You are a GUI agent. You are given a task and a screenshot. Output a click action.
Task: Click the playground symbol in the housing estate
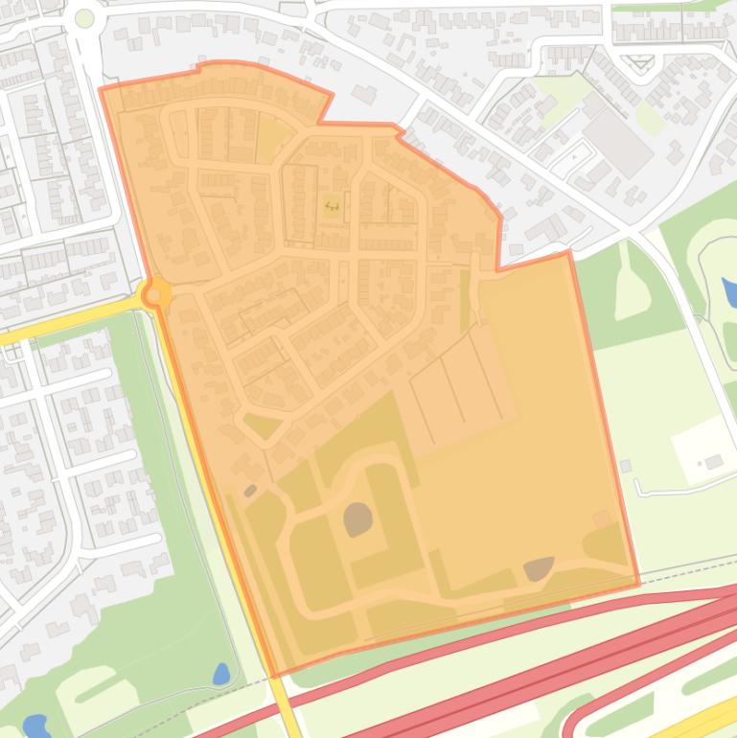coord(332,205)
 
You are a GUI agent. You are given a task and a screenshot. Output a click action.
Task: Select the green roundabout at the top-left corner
coord(84,18)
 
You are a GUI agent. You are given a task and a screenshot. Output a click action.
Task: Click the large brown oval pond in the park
coord(358,519)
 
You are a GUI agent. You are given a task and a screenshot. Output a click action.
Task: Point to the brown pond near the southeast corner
coord(539,569)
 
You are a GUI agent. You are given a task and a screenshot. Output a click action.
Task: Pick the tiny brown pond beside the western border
coord(250,491)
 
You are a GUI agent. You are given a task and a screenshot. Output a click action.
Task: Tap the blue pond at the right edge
coord(730,291)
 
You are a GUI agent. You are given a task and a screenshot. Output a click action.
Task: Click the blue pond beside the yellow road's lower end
coord(220,674)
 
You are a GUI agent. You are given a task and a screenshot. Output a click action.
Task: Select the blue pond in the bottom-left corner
coord(35,725)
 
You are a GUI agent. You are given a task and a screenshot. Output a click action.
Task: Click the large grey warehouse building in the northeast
coord(618,143)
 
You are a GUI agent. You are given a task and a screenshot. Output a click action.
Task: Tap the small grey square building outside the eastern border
coord(625,466)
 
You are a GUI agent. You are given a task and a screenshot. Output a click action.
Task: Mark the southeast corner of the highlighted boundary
coord(638,583)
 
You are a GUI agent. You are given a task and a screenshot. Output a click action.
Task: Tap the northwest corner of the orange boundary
coord(102,88)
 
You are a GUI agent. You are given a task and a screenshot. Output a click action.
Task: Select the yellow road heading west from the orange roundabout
coord(67,321)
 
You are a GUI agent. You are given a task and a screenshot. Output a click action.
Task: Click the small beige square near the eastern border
coord(601,519)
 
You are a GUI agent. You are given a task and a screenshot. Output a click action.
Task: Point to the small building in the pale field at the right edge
coord(714,462)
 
